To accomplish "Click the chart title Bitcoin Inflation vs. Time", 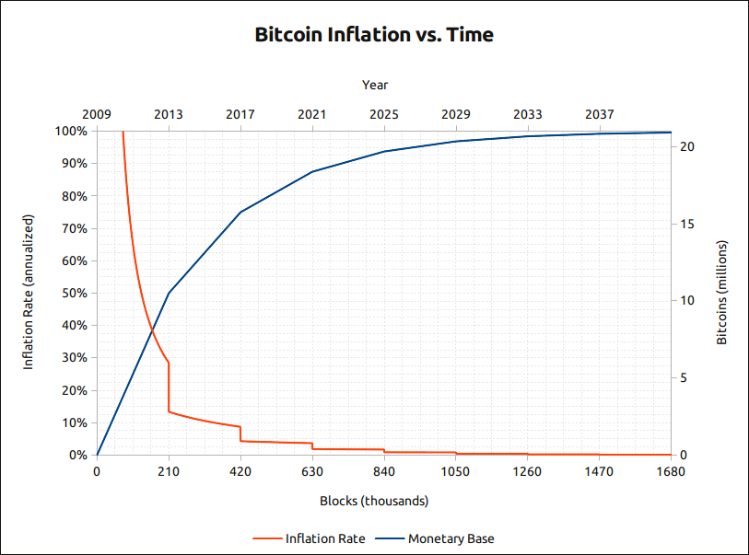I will (374, 36).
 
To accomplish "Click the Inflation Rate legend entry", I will (309, 538).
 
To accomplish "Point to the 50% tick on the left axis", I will (75, 293).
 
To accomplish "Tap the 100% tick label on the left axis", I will (72, 131).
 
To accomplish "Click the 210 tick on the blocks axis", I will (169, 472).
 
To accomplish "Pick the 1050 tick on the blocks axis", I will (455, 472).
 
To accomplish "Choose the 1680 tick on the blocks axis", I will (671, 472).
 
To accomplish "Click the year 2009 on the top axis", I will (97, 114).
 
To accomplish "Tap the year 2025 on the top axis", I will (384, 114).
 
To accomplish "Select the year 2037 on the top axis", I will (600, 114).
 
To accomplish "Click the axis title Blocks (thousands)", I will (374, 502).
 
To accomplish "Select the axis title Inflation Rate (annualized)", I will (29, 293).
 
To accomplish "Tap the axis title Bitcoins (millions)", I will (722, 293).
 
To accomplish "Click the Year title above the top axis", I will (375, 85).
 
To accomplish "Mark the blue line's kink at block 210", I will (169, 293).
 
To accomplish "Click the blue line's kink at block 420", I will (240, 212).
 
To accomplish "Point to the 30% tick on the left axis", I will (75, 358).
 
